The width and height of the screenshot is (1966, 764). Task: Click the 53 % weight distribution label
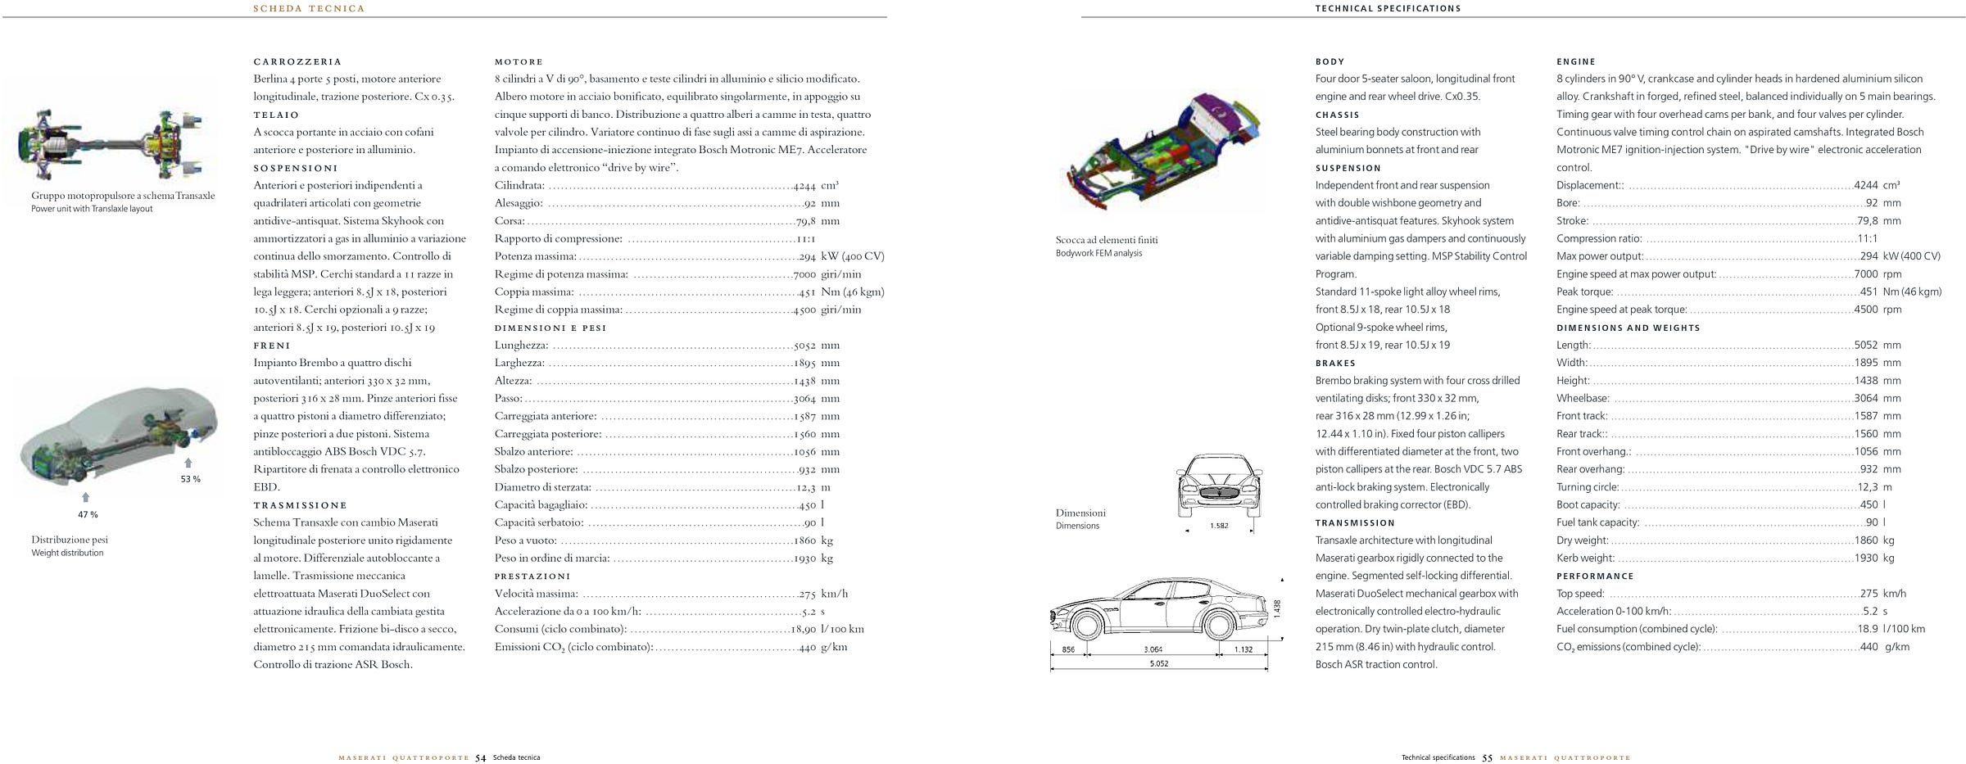click(190, 479)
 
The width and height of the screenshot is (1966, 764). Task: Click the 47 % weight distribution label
click(88, 514)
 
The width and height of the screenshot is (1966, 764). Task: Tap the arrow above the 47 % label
click(86, 497)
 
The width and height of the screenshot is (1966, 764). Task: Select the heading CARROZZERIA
click(297, 61)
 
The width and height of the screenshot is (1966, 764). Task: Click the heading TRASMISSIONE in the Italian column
click(300, 505)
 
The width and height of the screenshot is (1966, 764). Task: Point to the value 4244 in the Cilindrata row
click(804, 186)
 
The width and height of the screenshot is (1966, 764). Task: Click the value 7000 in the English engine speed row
click(1865, 274)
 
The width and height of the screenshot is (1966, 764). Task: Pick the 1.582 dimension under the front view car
click(1219, 526)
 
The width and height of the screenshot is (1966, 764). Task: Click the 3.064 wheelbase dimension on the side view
click(1153, 649)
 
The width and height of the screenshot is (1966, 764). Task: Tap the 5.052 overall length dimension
click(1158, 664)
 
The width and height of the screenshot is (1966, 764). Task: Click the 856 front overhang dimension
click(1068, 649)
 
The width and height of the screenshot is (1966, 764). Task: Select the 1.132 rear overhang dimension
click(1243, 649)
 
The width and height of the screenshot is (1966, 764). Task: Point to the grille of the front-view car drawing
click(1218, 494)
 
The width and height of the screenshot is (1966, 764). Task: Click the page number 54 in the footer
click(481, 757)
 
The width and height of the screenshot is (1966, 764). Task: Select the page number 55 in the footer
click(1487, 757)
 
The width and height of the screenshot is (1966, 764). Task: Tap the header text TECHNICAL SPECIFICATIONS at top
click(1388, 8)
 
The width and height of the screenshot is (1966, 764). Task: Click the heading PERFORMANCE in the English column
click(1594, 576)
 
